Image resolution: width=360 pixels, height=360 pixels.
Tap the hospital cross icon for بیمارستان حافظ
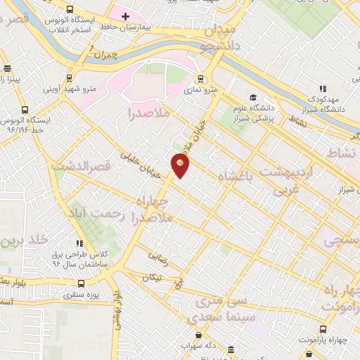pyautogui.click(x=126, y=15)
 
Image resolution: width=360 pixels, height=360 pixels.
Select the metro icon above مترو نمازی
pyautogui.click(x=201, y=79)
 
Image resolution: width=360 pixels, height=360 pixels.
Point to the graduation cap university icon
pyautogui.click(x=252, y=97)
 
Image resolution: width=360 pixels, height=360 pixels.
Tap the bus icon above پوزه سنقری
pyautogui.click(x=81, y=283)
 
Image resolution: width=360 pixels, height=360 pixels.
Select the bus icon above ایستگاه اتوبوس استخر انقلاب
pyautogui.click(x=69, y=10)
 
